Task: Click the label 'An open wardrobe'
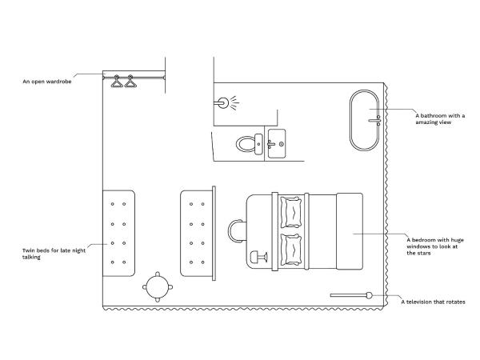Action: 47,82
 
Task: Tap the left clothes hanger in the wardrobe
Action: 117,81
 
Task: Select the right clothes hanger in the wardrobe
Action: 130,81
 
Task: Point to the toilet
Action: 249,143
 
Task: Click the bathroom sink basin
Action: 277,143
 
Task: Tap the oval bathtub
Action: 365,120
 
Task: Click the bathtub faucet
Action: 375,120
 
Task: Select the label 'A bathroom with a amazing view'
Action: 440,118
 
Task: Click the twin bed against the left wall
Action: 118,234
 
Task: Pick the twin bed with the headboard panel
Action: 198,234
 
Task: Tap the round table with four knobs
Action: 158,287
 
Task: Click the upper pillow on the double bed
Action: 291,212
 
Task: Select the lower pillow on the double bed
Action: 291,250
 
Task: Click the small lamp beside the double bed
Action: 258,257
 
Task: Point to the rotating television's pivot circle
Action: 369,295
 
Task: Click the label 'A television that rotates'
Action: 433,302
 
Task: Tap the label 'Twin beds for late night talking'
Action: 54,254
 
